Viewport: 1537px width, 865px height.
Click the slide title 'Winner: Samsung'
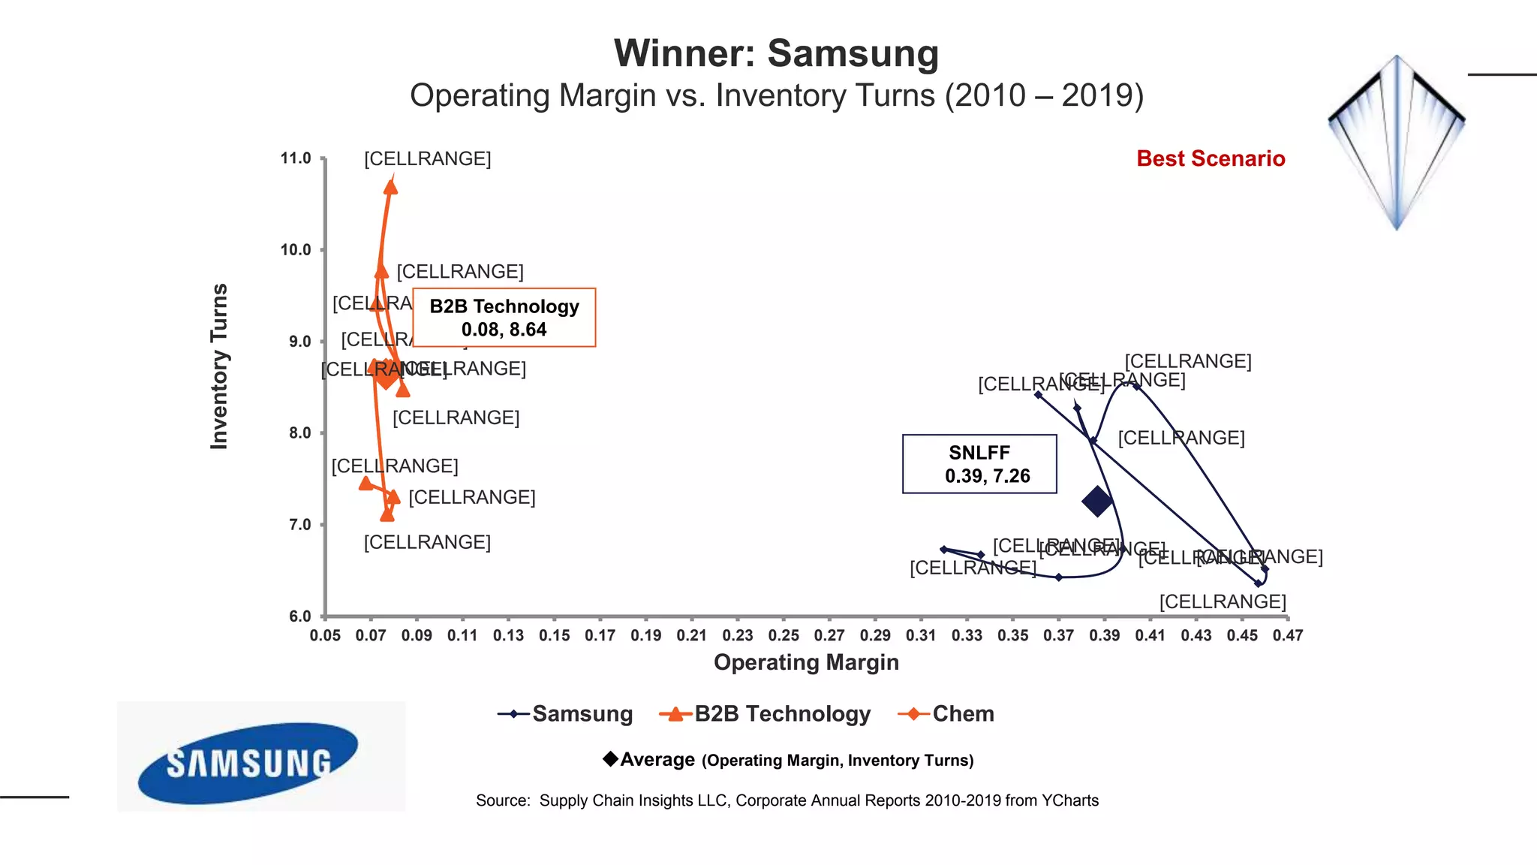coord(776,54)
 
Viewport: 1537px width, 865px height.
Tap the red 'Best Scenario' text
coord(1210,158)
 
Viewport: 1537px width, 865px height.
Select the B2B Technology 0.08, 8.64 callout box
coord(504,318)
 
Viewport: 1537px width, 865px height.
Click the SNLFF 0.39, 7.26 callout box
coord(979,464)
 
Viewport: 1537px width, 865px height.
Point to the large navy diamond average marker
coord(1096,501)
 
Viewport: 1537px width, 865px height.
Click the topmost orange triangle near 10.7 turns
coord(390,186)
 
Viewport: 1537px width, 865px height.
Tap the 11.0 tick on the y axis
coord(296,158)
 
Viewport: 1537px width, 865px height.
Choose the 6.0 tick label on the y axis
coord(299,616)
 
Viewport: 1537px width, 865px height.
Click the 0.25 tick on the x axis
coord(784,635)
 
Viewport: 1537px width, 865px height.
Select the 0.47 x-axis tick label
coord(1287,635)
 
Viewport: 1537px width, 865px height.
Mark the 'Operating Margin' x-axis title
coord(806,662)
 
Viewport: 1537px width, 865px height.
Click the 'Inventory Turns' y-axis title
coord(219,366)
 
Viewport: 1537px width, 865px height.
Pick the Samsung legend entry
coord(566,713)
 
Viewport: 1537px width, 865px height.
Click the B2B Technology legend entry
coord(765,713)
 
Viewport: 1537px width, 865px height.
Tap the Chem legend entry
coord(946,713)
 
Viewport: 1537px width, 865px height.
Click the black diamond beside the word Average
coord(611,759)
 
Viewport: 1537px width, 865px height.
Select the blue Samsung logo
coord(248,762)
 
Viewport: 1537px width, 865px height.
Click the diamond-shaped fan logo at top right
coord(1396,142)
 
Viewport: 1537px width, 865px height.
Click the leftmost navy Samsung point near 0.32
coord(943,550)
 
